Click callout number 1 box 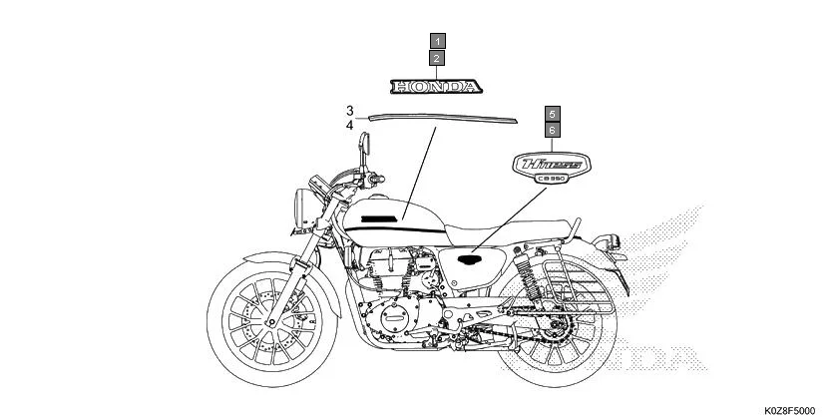click(x=439, y=42)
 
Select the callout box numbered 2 click(x=439, y=59)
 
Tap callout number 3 click(x=350, y=110)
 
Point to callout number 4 click(x=350, y=126)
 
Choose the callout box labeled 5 click(x=553, y=114)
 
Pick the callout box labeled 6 click(x=553, y=130)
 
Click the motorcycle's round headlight click(x=300, y=209)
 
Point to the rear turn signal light click(x=612, y=240)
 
